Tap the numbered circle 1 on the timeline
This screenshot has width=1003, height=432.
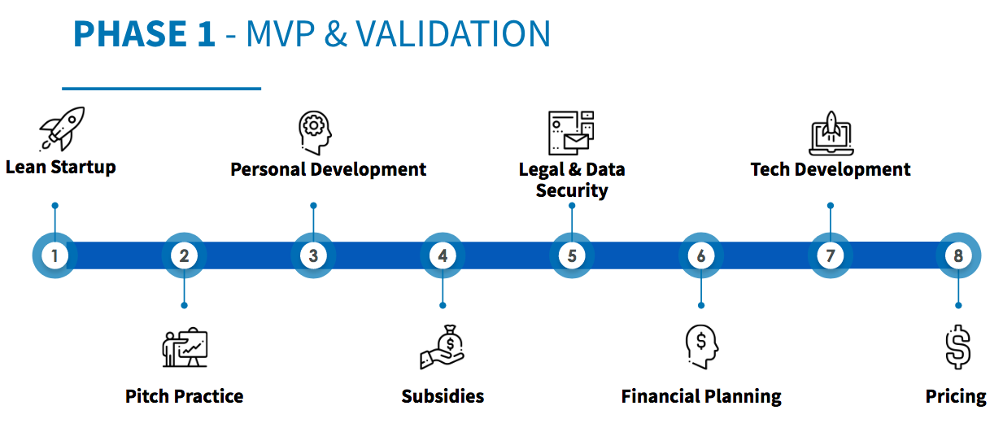(55, 255)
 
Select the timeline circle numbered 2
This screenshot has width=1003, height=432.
(184, 255)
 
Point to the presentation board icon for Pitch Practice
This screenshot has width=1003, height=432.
(185, 348)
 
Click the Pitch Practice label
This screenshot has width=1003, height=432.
(184, 396)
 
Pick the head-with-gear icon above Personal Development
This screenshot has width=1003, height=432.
(315, 133)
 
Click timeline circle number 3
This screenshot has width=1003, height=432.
(313, 255)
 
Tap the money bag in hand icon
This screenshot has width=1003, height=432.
(443, 347)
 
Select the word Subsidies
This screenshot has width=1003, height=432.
(443, 396)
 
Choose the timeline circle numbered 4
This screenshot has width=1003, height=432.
(443, 255)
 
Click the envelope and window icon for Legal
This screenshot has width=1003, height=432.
(571, 133)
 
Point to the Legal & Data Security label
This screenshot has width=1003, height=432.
(572, 180)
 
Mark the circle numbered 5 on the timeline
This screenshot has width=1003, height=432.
(572, 255)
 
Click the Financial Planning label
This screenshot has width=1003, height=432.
(701, 396)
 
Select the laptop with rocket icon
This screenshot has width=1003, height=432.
(831, 133)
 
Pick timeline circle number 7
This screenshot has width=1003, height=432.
(830, 255)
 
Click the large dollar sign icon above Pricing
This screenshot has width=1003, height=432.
(958, 347)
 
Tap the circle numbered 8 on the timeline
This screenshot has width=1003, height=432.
(958, 255)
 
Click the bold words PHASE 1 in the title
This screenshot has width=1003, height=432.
(144, 34)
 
